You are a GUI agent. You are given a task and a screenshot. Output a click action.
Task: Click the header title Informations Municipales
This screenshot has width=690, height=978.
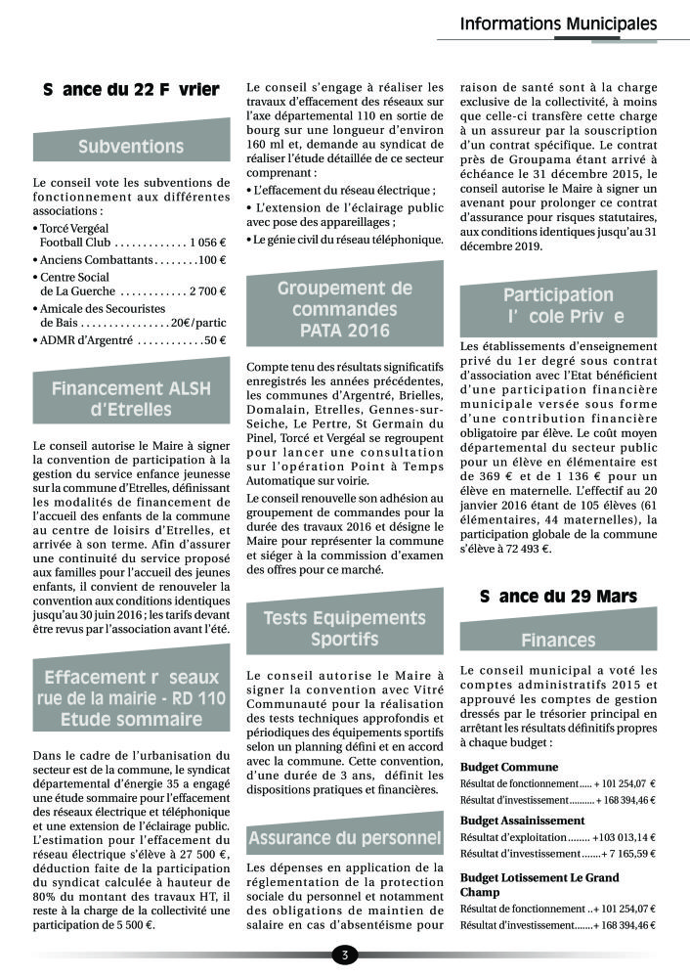[558, 23]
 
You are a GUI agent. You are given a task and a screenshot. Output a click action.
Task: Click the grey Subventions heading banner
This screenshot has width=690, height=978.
[131, 147]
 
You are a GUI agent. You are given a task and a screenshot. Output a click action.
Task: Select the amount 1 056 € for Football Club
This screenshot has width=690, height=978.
[208, 241]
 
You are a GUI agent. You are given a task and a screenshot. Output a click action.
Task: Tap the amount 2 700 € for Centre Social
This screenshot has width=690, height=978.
[208, 291]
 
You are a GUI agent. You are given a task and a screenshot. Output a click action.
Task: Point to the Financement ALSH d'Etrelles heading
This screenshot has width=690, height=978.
[131, 398]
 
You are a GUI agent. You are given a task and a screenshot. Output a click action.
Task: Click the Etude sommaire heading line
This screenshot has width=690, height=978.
[131, 720]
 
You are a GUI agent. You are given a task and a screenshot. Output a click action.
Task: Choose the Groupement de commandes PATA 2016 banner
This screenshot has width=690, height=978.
[344, 309]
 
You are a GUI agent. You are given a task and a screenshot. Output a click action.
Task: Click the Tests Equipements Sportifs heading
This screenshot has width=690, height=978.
[344, 629]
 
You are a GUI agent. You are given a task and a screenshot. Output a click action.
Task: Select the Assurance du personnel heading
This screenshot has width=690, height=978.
[344, 837]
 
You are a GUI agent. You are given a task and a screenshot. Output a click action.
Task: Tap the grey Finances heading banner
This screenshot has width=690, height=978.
[558, 641]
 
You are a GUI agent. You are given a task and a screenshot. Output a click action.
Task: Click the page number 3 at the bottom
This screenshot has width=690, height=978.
[344, 955]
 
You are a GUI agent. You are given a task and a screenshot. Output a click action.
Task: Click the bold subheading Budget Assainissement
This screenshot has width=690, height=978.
[522, 820]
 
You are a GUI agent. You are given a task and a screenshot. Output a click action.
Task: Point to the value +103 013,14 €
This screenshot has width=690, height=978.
[624, 837]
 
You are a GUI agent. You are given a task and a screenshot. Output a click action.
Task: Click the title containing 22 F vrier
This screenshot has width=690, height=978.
[131, 90]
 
